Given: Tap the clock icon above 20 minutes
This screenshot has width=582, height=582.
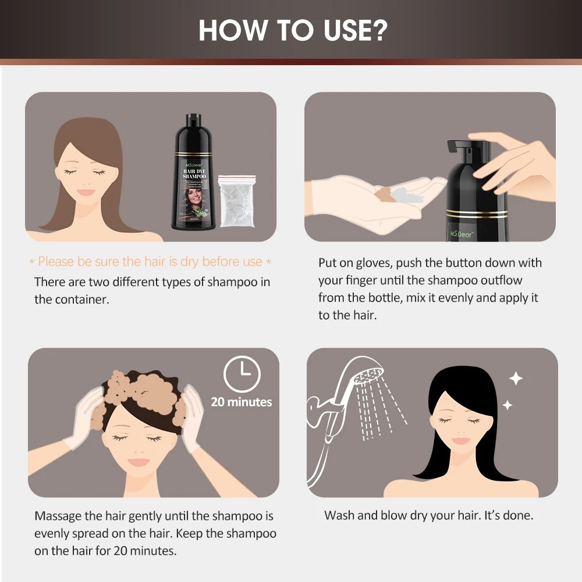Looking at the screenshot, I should point(242,373).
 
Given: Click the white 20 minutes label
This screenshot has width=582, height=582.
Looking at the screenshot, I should point(242,402).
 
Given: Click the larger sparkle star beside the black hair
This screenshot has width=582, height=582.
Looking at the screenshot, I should point(516,379).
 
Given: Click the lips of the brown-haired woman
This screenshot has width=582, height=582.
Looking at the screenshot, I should point(87,192).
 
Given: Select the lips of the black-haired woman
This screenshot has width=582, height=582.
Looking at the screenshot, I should point(460,441).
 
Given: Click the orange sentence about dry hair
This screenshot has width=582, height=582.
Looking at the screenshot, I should point(150,262).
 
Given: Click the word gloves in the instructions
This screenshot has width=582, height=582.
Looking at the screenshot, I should point(360,262).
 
